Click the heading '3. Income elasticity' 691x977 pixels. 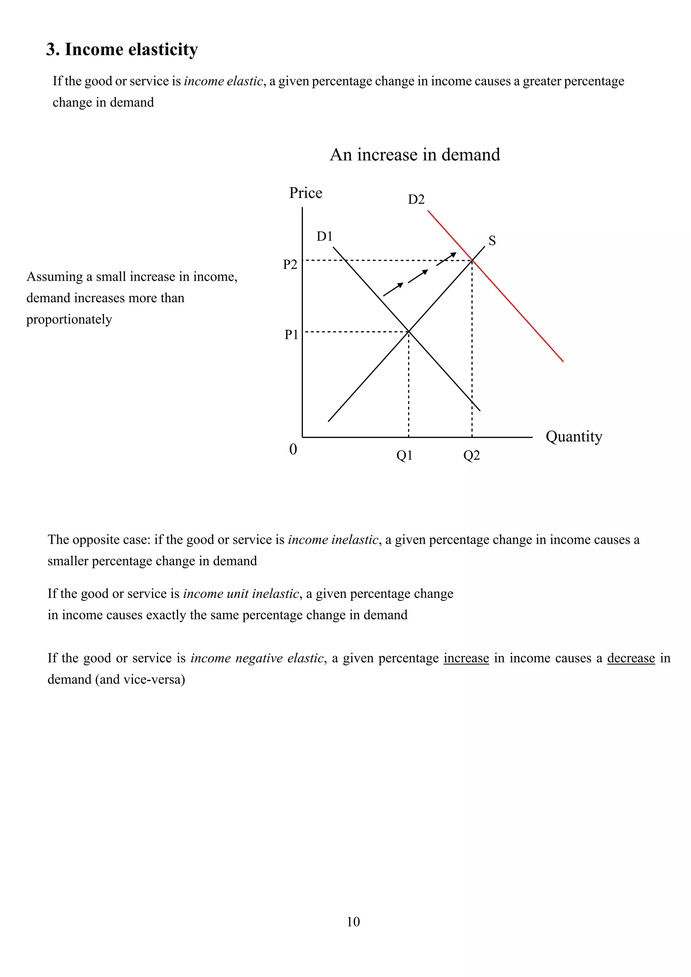[122, 50]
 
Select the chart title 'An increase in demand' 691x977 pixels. [415, 155]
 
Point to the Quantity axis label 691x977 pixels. [574, 437]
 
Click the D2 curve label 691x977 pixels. [416, 200]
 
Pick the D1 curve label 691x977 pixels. [324, 236]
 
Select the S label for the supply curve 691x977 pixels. [492, 241]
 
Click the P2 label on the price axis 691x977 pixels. [290, 265]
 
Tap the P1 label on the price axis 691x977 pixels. [291, 335]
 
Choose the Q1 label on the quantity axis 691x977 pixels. [404, 456]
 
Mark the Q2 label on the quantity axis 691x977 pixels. [471, 456]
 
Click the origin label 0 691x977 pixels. [293, 449]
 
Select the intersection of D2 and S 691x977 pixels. [472, 260]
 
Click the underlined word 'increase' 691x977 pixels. [466, 658]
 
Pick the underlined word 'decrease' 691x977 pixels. [631, 658]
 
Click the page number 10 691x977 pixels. [353, 922]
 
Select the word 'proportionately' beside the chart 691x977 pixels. [69, 319]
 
